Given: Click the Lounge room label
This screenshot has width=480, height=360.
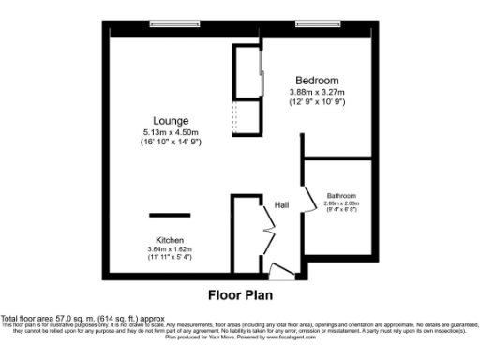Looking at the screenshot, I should click(x=171, y=121).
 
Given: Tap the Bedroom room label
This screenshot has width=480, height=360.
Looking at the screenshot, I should click(x=317, y=80).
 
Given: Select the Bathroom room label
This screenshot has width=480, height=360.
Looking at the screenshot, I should click(x=341, y=195).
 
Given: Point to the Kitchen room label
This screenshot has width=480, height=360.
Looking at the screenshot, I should click(x=170, y=239).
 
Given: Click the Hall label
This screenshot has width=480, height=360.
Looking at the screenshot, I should click(x=281, y=204).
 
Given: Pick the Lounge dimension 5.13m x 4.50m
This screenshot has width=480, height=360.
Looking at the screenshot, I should click(x=171, y=133).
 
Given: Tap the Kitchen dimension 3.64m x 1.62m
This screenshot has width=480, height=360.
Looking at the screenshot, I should click(x=170, y=248).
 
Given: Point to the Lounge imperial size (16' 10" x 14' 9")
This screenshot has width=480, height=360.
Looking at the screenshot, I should click(x=171, y=143).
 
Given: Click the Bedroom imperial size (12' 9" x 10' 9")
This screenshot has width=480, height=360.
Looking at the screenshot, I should click(x=317, y=101).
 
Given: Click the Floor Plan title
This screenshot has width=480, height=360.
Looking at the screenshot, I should click(x=240, y=293).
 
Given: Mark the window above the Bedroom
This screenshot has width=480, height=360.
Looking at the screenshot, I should click(x=317, y=24).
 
